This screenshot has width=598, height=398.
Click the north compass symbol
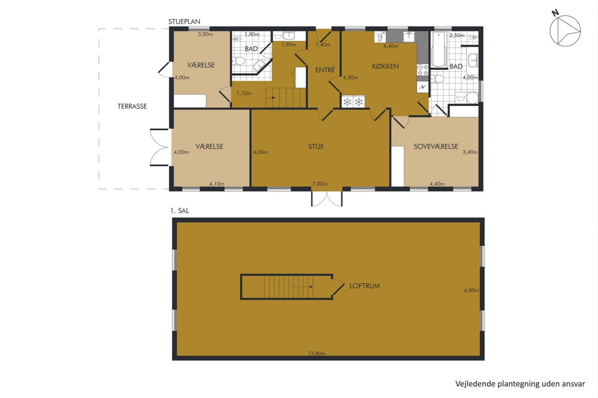click(x=565, y=30)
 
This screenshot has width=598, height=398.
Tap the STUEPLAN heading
click(x=184, y=21)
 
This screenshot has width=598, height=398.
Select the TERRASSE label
click(x=132, y=106)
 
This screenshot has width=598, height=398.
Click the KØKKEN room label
click(x=385, y=66)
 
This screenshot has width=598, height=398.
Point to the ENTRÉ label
click(x=325, y=70)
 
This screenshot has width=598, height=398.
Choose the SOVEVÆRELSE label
click(x=436, y=146)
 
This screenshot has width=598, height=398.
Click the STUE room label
click(x=316, y=146)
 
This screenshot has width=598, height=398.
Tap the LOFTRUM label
click(x=365, y=286)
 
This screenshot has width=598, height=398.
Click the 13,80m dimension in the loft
click(x=316, y=354)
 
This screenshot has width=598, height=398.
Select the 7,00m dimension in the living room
click(x=319, y=184)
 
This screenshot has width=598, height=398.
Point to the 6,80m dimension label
click(x=471, y=290)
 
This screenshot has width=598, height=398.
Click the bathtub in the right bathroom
click(x=438, y=49)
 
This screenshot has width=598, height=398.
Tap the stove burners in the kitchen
click(x=423, y=70)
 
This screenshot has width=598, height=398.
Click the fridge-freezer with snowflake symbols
click(x=353, y=101)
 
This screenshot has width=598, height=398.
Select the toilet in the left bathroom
click(x=238, y=61)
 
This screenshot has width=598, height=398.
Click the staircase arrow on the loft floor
click(x=302, y=287)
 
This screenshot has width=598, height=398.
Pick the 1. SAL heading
click(x=180, y=210)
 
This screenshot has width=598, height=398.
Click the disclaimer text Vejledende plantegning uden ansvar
click(x=520, y=384)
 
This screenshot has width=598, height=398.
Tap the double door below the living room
click(x=327, y=199)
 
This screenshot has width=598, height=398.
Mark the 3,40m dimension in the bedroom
click(x=470, y=152)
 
